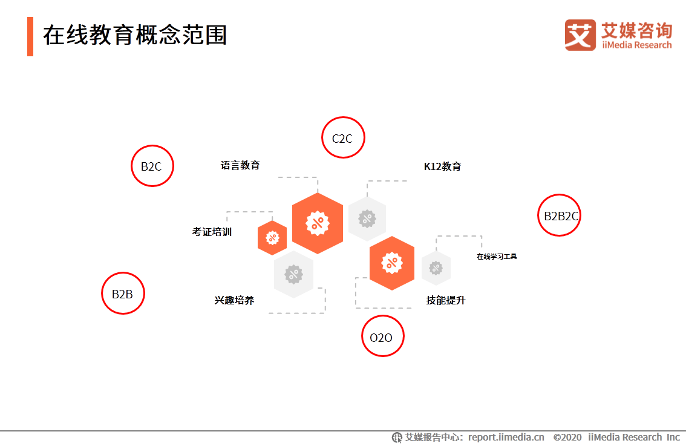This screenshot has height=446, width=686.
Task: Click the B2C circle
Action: pos(152,166)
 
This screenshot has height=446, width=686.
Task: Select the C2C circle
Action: pos(343,138)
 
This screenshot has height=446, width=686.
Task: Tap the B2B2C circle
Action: pos(559,215)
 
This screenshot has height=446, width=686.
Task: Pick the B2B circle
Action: pos(123,294)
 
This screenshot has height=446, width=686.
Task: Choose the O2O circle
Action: pos(382,336)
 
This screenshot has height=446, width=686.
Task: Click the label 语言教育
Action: pos(240,165)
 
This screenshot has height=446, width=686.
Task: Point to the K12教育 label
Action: pos(442,166)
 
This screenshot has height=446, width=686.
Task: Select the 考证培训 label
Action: pos(212,232)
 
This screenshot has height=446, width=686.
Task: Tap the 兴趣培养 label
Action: pos(234,300)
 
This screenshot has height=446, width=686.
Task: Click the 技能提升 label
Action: pos(446,300)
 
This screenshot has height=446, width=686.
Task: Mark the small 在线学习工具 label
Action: pos(497,257)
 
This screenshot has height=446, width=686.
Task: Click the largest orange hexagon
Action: pos(318,223)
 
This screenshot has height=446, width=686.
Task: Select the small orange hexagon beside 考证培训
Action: pos(272,238)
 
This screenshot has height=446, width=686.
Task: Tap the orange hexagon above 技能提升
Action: pos(392,263)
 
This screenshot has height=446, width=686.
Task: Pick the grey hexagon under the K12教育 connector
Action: pos(367,218)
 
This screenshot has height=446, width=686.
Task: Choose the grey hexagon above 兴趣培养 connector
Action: pos(293,274)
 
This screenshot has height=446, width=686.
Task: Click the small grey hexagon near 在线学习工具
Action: pos(436,268)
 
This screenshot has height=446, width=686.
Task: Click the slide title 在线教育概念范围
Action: pos(135,36)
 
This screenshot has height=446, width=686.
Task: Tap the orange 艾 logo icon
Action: pos(580,35)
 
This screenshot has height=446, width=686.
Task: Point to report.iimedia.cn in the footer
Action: pos(506,437)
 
